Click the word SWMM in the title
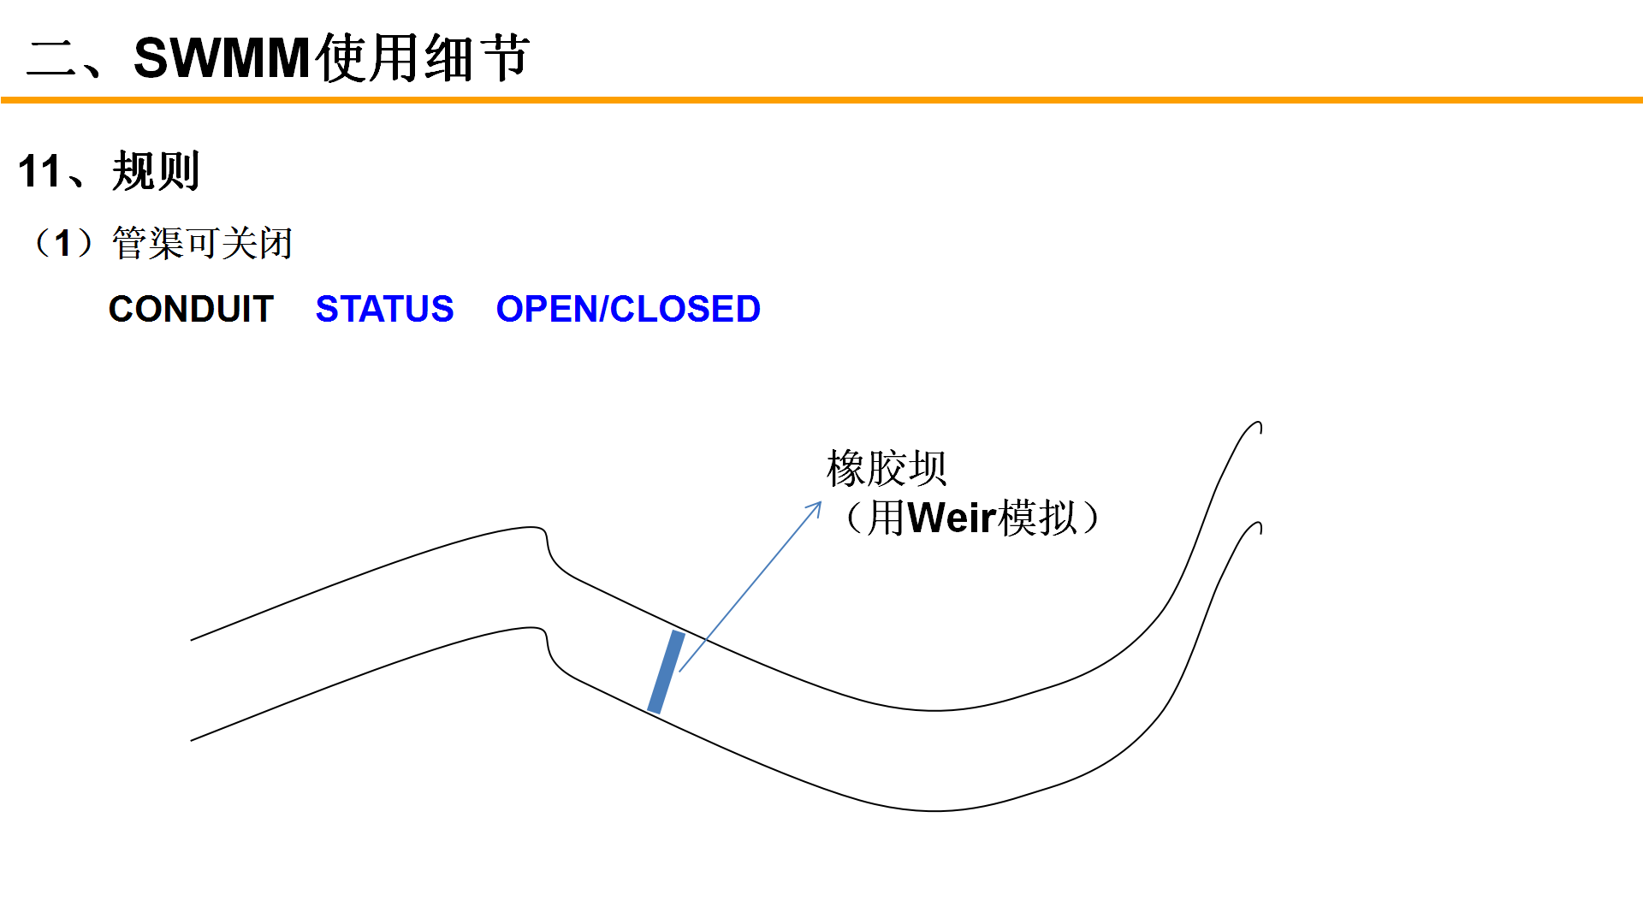click(x=221, y=59)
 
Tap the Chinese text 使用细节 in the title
click(x=423, y=59)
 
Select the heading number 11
click(x=39, y=172)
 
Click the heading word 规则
click(x=156, y=172)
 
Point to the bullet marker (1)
click(x=62, y=244)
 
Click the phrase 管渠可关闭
click(x=202, y=244)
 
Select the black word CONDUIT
click(x=191, y=309)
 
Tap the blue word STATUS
click(x=384, y=309)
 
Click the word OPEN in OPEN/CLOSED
click(x=547, y=309)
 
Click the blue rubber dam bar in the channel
click(x=666, y=672)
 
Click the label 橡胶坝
click(x=887, y=469)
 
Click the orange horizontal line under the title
click(x=821, y=100)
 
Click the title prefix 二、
click(x=64, y=59)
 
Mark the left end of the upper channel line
click(x=193, y=639)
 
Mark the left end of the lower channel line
click(x=193, y=740)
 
